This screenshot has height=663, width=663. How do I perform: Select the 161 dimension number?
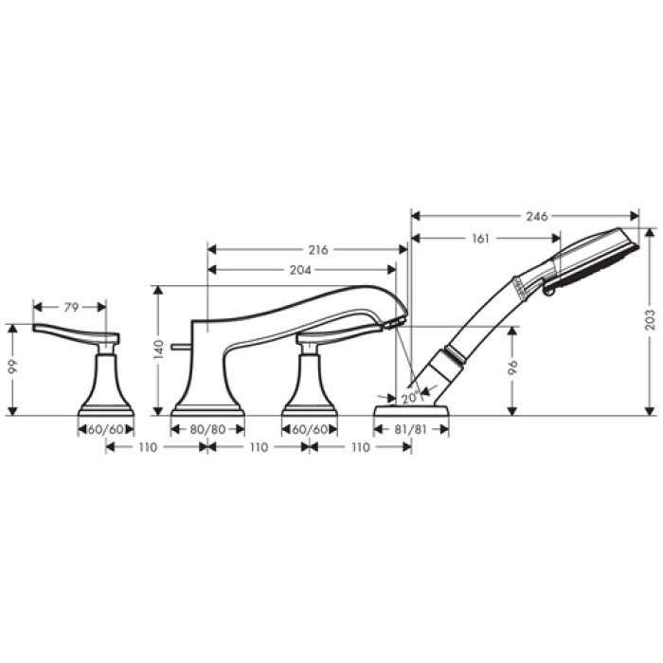[480, 239]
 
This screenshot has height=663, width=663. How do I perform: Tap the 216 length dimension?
[318, 250]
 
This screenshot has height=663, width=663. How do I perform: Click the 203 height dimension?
[650, 318]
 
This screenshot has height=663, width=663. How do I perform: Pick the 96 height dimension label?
[512, 369]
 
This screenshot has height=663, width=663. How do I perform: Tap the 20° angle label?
[409, 399]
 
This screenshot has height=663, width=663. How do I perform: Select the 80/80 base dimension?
[207, 429]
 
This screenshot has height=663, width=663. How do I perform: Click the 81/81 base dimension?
[411, 429]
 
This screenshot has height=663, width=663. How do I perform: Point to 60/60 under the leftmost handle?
[105, 429]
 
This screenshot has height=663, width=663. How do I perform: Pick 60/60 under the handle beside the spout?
[310, 429]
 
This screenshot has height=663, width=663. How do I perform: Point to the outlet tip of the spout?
[397, 323]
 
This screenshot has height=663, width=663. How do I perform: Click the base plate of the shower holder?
[411, 410]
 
